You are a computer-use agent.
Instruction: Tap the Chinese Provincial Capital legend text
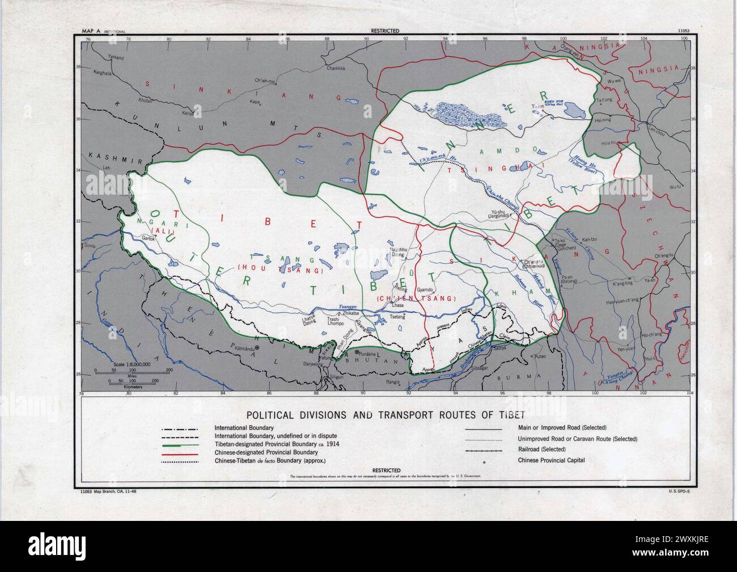pyautogui.click(x=551, y=460)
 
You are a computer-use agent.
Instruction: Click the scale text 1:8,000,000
pyautogui.click(x=132, y=364)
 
